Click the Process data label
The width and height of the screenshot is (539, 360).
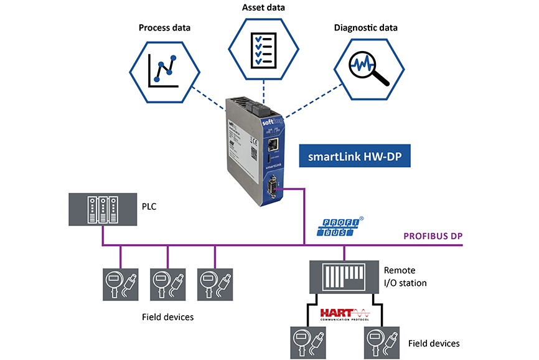click(x=164, y=27)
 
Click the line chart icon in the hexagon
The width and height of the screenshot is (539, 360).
click(x=164, y=70)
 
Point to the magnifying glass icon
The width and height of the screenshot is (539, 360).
click(x=367, y=70)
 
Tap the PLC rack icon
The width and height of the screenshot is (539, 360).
click(x=103, y=209)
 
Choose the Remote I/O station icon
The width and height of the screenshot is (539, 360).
click(x=344, y=275)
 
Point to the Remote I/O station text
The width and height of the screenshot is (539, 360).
click(x=405, y=277)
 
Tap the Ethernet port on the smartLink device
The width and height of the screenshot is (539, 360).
click(x=272, y=146)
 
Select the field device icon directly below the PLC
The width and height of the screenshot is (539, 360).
click(x=120, y=285)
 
